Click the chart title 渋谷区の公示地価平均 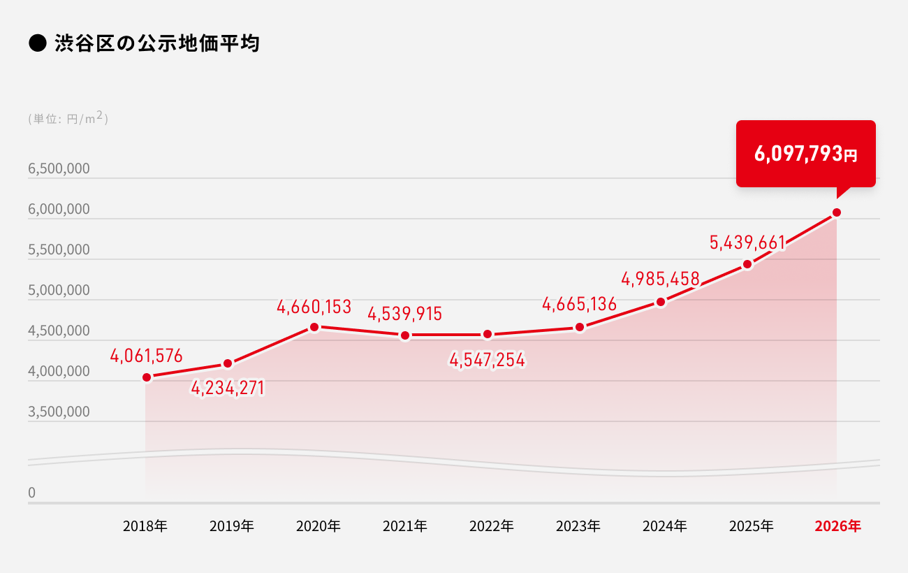tap(156, 43)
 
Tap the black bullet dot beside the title tap(36, 43)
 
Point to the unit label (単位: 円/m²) tap(68, 118)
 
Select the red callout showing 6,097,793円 tap(805, 154)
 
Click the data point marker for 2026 tap(836, 212)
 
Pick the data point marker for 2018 tap(147, 377)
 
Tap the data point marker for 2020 tap(314, 327)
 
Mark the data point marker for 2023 tap(579, 327)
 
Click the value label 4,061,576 tap(146, 356)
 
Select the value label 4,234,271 tap(228, 389)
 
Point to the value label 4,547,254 tap(488, 361)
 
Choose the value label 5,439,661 tap(747, 242)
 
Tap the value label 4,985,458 tap(661, 280)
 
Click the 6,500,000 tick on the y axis tap(59, 169)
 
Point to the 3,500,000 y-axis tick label tap(59, 412)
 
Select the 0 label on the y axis tap(31, 493)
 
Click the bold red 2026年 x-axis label tap(837, 526)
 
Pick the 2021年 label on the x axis tap(405, 526)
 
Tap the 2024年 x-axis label tap(665, 526)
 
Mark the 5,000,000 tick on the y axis tap(59, 290)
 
